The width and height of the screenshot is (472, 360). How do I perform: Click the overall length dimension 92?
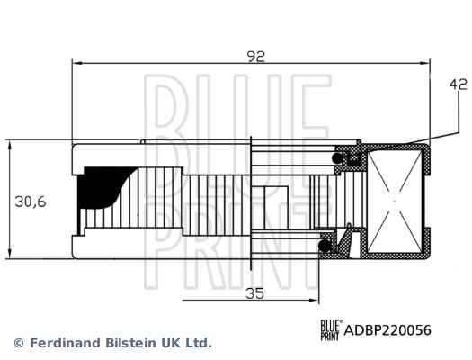(255, 55)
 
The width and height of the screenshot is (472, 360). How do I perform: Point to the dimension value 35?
(255, 293)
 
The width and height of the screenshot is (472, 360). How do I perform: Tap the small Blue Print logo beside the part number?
(329, 329)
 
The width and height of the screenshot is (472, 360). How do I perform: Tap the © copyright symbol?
(18, 343)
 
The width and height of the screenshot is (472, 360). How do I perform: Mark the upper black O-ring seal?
(343, 158)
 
